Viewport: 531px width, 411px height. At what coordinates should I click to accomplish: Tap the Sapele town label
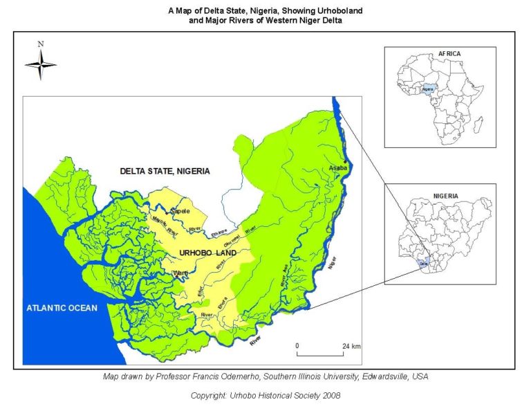click(180, 210)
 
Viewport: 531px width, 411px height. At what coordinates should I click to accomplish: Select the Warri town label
click(181, 273)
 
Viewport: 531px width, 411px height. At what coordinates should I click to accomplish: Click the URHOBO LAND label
click(208, 253)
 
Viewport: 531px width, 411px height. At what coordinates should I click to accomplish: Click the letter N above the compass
click(41, 44)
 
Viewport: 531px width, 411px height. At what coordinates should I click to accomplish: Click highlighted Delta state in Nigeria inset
click(424, 263)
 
